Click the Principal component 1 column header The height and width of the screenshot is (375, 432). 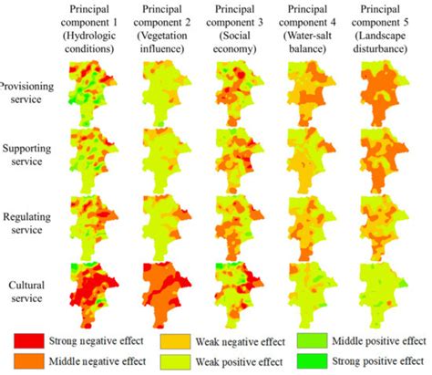[95, 26]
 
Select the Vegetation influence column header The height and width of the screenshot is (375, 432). [167, 26]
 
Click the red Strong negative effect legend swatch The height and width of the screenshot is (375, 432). [32, 340]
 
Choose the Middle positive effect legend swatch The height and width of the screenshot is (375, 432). [310, 340]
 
